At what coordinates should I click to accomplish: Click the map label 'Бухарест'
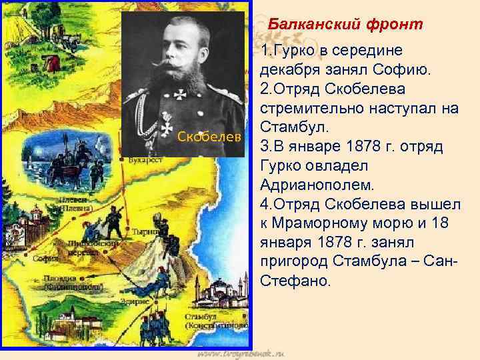(146, 161)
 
